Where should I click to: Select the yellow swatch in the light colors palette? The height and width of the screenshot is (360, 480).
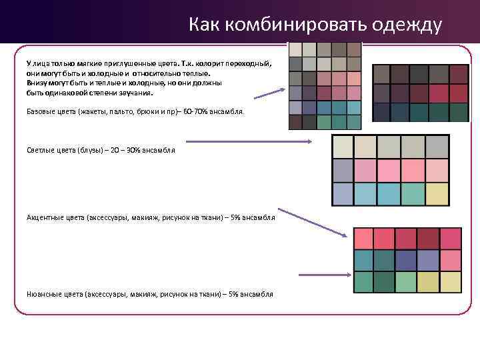(437, 193)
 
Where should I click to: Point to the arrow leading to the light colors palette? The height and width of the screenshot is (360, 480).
(249, 141)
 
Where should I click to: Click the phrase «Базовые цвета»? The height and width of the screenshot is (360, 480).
(47, 113)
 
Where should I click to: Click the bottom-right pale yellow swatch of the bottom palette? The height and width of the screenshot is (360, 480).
(450, 282)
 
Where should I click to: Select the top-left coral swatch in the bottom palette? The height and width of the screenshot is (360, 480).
(363, 238)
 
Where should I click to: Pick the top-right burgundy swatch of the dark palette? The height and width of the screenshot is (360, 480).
(459, 74)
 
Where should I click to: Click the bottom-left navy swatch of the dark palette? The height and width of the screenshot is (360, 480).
(381, 111)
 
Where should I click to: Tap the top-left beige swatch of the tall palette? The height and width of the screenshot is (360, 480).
(295, 50)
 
